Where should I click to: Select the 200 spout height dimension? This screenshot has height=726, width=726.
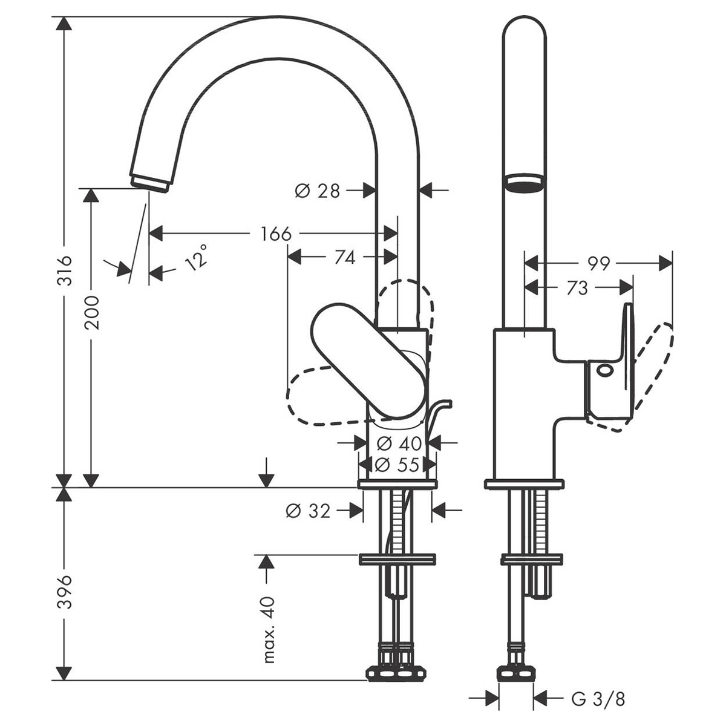92,312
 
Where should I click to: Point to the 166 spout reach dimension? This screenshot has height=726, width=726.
276,234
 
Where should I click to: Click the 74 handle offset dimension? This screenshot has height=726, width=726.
344,258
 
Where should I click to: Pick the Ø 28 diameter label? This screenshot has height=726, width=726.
318,191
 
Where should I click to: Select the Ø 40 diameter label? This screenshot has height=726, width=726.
399,443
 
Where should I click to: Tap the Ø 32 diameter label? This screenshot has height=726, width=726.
308,511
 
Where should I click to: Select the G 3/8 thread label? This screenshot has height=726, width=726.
598,700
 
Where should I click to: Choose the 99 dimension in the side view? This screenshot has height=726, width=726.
598,263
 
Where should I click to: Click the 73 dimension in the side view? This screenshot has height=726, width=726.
577,289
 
